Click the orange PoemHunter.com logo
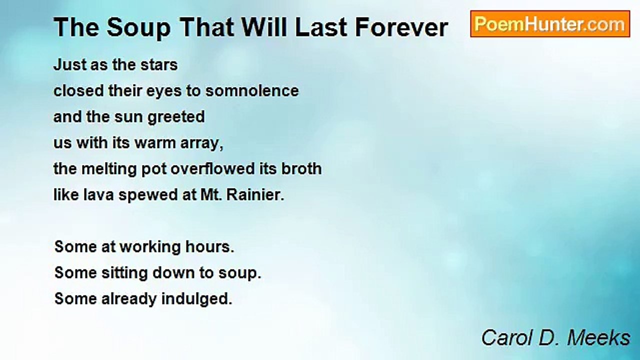coord(550,24)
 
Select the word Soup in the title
coord(138,28)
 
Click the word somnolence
coord(252,91)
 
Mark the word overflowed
coord(212,168)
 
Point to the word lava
coord(98,195)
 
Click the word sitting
coord(125,273)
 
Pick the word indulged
coord(197,299)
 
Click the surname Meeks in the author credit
coord(598,338)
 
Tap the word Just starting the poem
coord(69,65)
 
